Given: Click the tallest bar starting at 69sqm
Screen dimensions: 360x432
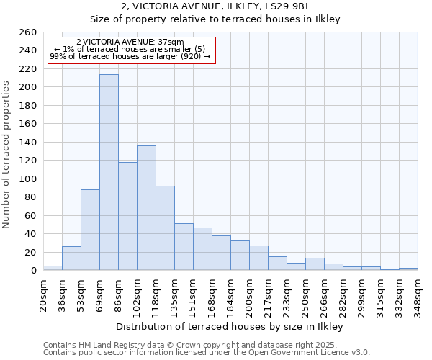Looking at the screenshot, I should (109, 172).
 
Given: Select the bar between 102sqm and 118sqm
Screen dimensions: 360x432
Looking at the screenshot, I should (146, 208).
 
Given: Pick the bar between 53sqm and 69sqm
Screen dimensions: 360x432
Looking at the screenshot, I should (90, 230).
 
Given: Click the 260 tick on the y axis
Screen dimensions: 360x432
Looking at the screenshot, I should (28, 32).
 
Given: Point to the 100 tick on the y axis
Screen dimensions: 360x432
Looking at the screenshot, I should (28, 179).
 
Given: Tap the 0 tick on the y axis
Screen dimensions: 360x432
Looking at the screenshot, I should (33, 271).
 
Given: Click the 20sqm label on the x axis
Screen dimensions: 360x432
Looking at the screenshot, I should (43, 294).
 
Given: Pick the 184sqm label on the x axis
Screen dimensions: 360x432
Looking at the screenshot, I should (231, 294).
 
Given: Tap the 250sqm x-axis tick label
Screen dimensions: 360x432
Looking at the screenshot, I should (306, 294).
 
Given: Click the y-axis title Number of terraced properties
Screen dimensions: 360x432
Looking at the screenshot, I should (6, 155).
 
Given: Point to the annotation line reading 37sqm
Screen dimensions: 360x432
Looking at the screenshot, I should (130, 42).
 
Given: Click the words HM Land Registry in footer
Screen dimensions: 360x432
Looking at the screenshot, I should (101, 345).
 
